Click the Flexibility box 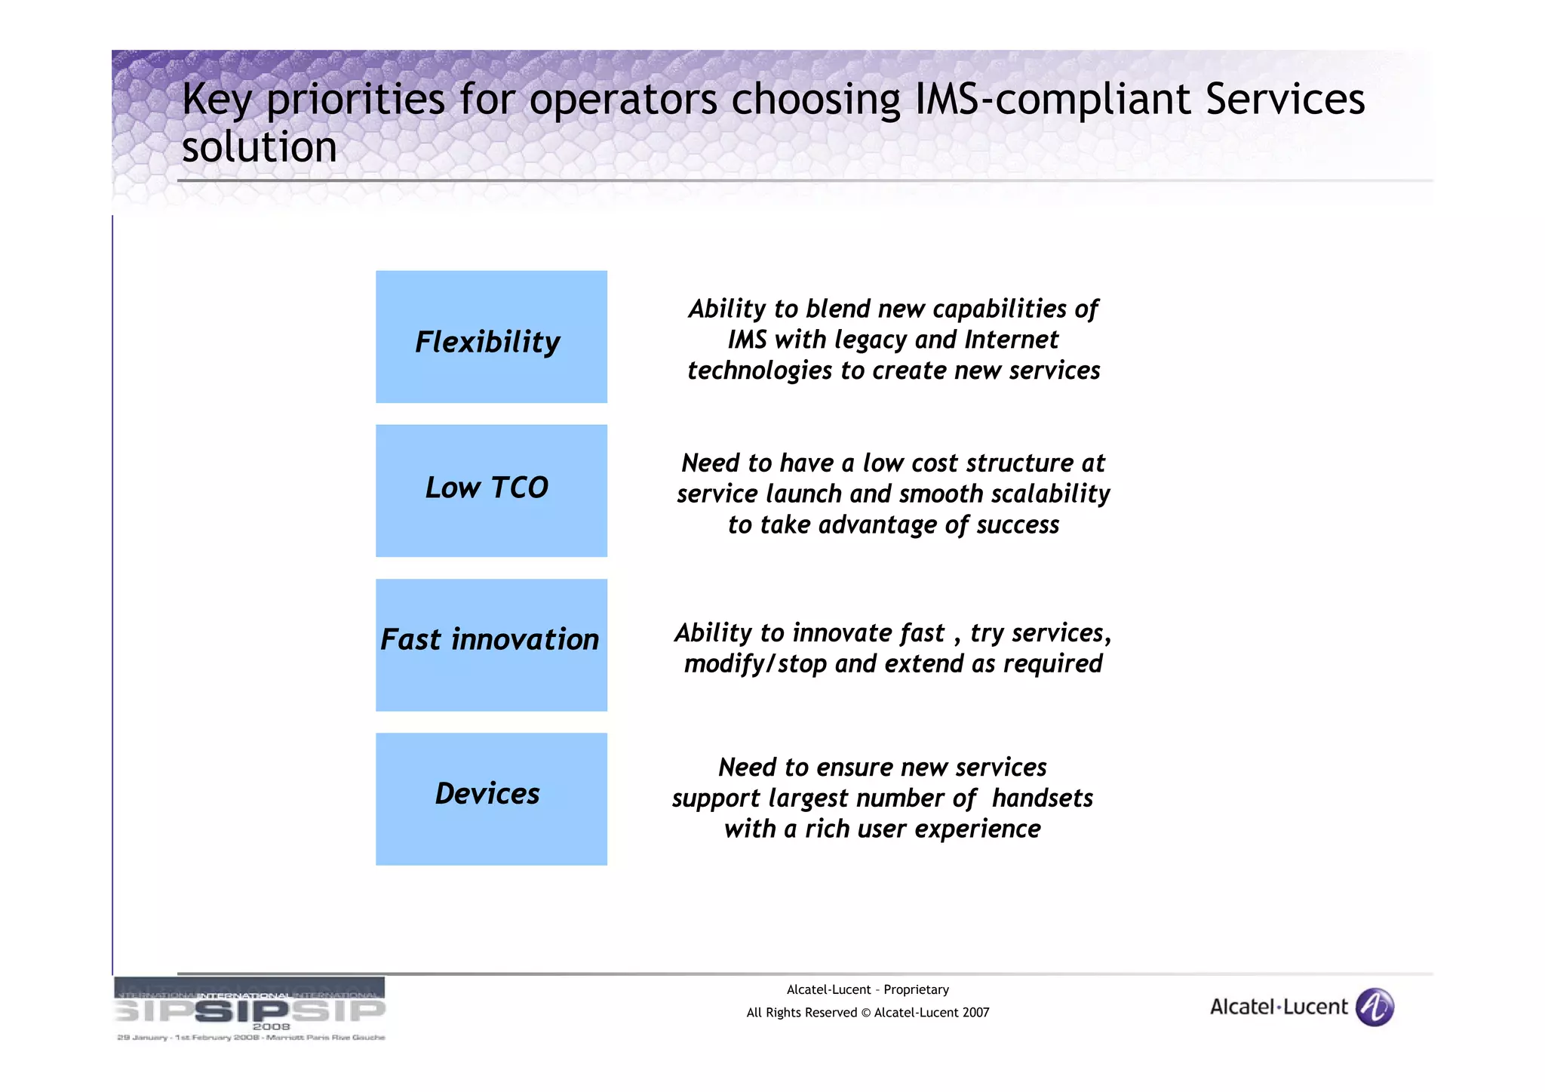point(491,337)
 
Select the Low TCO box point(491,491)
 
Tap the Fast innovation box point(491,644)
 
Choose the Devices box point(491,798)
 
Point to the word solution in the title point(259,146)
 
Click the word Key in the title point(217,100)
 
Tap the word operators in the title point(623,100)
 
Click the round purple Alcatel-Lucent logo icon point(1375,1007)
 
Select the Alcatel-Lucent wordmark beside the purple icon point(1278,1007)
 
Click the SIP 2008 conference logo point(250,1010)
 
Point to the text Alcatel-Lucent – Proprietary point(868,989)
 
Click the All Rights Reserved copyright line point(868,1013)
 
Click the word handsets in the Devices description point(1042,798)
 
